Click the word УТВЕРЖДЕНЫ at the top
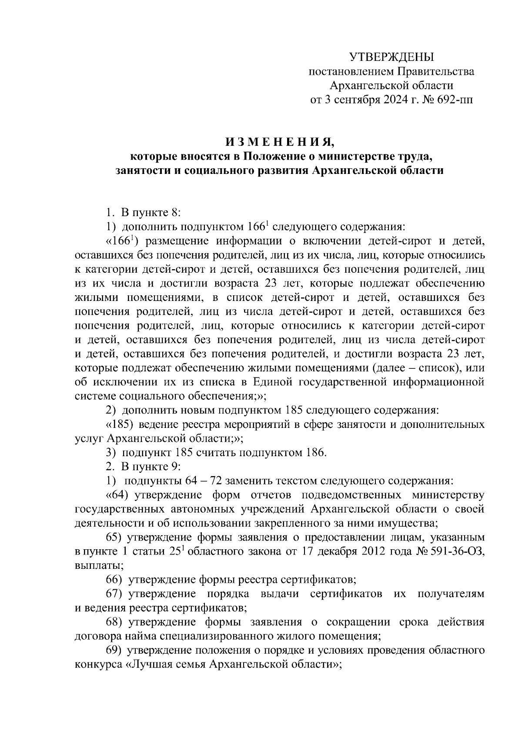click(392, 57)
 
